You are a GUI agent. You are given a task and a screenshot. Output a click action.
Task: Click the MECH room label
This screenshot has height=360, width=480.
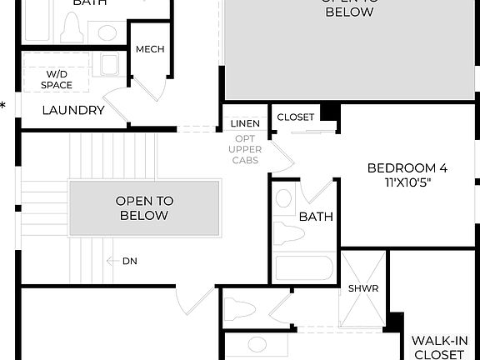tap(149, 49)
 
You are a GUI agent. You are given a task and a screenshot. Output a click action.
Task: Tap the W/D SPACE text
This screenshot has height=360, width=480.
tap(57, 79)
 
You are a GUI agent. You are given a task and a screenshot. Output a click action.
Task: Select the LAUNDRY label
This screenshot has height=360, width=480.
tap(72, 110)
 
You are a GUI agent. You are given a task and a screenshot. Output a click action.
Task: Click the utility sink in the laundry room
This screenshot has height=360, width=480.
tap(109, 64)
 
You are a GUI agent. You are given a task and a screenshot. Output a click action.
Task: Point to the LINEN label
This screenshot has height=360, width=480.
tap(245, 124)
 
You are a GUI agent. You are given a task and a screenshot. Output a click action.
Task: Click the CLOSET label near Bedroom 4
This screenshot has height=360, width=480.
tap(295, 117)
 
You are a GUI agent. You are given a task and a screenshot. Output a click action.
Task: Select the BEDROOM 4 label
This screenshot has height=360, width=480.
tap(407, 167)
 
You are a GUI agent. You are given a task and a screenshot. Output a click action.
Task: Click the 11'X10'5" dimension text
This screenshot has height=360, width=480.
tap(407, 182)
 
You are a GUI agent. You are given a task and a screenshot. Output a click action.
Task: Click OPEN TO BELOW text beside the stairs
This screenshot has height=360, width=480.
tap(143, 207)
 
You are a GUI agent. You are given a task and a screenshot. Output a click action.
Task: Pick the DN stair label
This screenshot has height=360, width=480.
tap(129, 261)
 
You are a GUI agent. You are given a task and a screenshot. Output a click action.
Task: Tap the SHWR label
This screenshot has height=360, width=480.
tap(363, 288)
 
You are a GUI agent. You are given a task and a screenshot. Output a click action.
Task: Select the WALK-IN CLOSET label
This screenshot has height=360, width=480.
tap(439, 347)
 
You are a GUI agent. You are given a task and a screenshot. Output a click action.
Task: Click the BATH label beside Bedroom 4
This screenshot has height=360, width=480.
tap(316, 217)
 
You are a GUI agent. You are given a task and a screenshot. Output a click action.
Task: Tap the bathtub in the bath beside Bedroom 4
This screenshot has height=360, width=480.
tap(304, 267)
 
